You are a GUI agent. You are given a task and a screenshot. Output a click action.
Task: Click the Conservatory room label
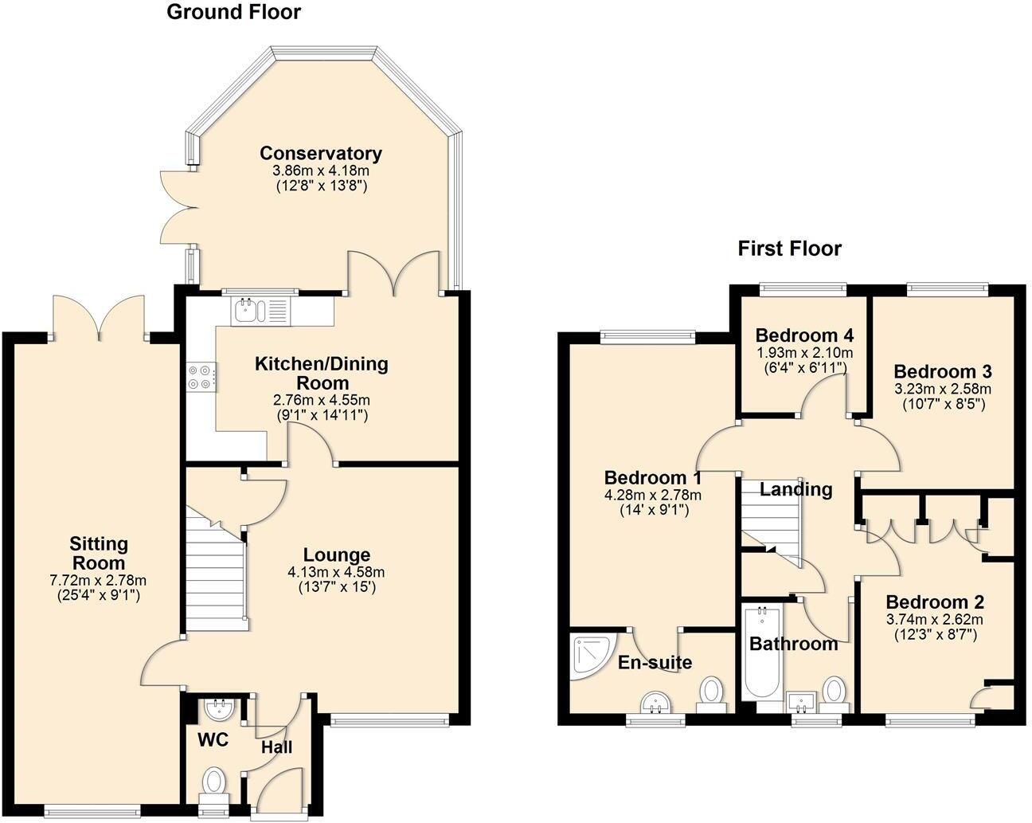(x=321, y=154)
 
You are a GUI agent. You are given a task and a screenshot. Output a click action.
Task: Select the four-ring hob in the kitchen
(x=201, y=377)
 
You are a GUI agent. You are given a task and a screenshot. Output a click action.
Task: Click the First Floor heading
(x=789, y=249)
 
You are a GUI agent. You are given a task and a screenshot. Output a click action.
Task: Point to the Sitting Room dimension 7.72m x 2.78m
(x=98, y=580)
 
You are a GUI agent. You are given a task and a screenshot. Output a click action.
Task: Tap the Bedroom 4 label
(x=804, y=335)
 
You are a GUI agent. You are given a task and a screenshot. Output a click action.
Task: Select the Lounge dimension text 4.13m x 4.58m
(x=336, y=572)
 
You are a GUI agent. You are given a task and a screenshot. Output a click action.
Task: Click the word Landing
(x=796, y=489)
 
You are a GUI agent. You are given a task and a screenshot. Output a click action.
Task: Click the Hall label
(x=276, y=747)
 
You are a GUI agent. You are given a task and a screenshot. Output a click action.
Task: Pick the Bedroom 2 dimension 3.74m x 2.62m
(x=934, y=619)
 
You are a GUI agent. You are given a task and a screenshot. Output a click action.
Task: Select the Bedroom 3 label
(x=943, y=372)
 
